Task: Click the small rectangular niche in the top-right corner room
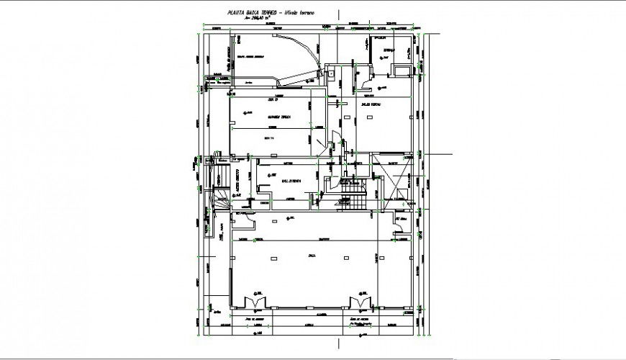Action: tap(399, 69)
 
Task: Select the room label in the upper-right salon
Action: tap(370, 106)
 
